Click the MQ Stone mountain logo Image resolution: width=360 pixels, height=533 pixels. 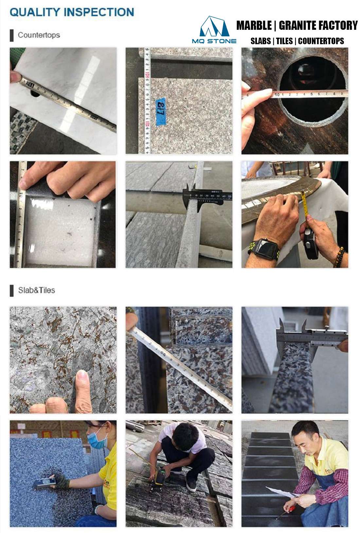tap(214, 26)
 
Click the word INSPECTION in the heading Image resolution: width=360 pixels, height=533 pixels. tap(99, 12)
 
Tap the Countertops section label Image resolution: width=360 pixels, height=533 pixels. tap(39, 35)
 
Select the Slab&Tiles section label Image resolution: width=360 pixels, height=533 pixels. tap(36, 290)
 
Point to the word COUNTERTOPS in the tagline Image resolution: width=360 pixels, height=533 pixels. tap(321, 41)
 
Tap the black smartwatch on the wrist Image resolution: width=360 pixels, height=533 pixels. tap(266, 248)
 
